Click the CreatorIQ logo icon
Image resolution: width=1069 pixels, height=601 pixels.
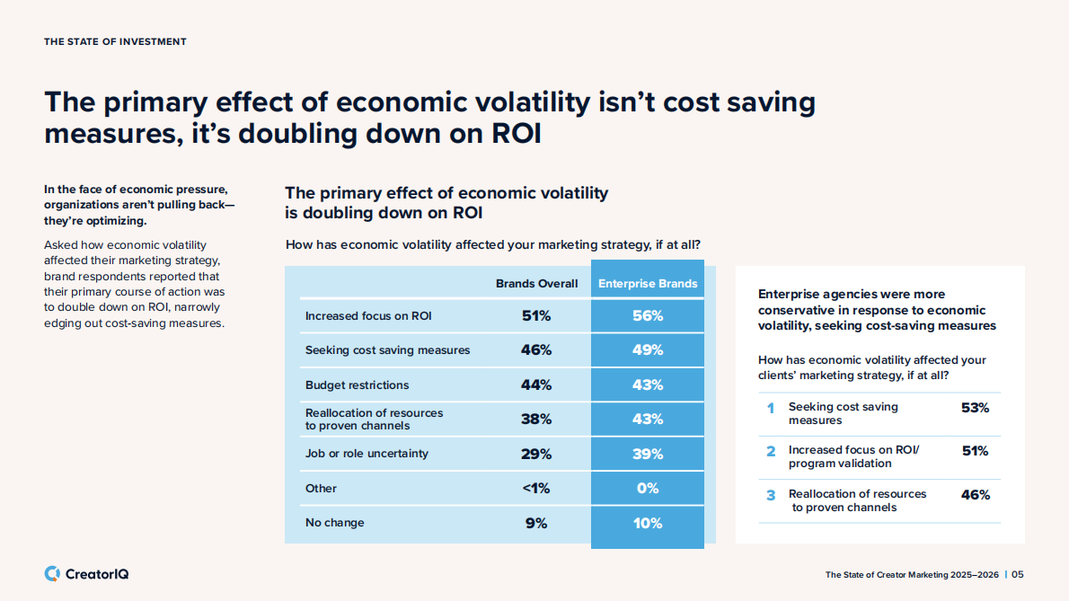coord(52,573)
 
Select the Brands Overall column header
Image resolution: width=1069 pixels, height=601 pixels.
coord(536,284)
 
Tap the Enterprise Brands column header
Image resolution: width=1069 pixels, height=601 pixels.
coord(648,284)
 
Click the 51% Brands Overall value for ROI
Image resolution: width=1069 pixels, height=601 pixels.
coord(536,315)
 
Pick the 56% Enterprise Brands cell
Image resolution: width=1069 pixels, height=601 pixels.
coord(648,315)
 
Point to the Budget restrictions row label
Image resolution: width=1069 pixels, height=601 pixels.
coord(357,384)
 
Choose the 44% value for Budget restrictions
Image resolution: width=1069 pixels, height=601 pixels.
coord(536,384)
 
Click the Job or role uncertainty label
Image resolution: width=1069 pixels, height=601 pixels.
coord(367,454)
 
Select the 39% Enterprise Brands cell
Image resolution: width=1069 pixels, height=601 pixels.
coord(648,454)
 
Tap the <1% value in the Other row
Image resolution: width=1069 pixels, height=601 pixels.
coord(536,488)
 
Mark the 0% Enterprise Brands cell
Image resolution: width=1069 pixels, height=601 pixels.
coord(648,488)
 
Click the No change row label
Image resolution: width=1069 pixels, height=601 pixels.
coord(335,523)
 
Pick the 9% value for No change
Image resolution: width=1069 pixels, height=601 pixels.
coord(536,523)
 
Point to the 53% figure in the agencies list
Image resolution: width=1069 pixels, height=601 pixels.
coord(975,408)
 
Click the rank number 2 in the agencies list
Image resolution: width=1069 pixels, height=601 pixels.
coord(771,451)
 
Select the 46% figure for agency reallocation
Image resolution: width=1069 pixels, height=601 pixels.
coord(975,495)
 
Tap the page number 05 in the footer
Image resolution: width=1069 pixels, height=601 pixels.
coord(1018,575)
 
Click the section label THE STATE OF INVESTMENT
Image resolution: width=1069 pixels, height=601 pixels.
coord(115,42)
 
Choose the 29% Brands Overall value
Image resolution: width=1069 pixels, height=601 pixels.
coord(536,454)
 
